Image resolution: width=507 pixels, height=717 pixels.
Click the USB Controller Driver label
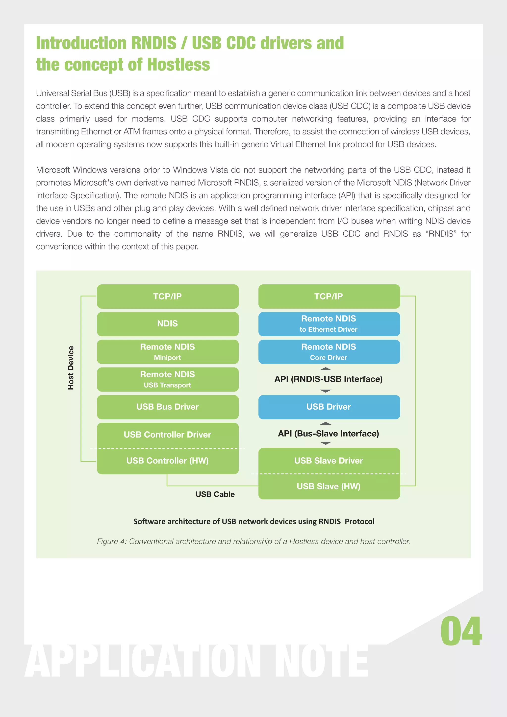(x=167, y=435)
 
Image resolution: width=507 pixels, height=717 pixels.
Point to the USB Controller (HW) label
(x=167, y=461)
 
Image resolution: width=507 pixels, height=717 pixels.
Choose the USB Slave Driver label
(x=329, y=461)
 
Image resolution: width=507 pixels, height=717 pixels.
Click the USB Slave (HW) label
(x=329, y=487)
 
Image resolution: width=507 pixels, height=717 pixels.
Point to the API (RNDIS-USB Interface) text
(x=328, y=379)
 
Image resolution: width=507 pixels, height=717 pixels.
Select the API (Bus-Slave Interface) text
(x=328, y=434)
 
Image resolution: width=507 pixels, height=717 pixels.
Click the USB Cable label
(x=215, y=494)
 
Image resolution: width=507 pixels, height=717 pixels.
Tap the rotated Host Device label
(x=71, y=368)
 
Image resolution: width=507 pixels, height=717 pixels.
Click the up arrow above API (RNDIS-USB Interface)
(x=326, y=369)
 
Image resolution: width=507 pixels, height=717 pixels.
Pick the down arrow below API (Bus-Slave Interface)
(x=326, y=443)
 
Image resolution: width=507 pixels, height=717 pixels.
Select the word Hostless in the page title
(x=178, y=65)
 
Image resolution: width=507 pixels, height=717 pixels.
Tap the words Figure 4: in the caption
(x=111, y=542)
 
